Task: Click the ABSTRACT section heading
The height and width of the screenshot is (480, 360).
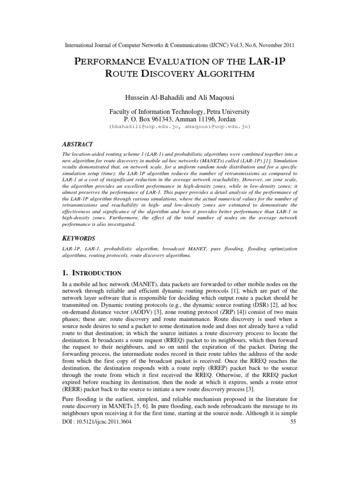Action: [79, 144]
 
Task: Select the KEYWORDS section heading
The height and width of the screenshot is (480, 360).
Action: [80, 238]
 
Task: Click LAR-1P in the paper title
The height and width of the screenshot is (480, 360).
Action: [270, 62]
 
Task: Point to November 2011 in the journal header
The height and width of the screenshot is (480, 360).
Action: [273, 45]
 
